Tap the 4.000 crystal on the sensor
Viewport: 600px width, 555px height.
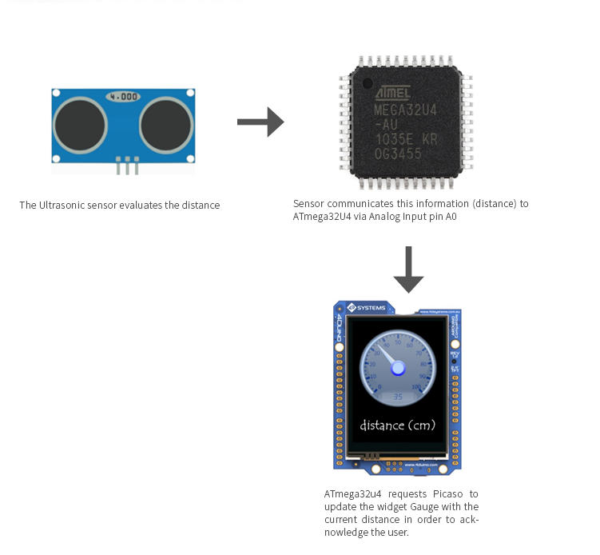point(124,96)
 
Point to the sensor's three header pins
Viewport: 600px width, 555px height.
point(127,166)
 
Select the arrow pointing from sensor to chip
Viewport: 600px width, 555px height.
point(260,122)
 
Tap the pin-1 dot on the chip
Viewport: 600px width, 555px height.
point(367,83)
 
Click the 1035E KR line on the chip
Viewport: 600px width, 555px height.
point(406,139)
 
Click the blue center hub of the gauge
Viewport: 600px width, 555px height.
point(398,368)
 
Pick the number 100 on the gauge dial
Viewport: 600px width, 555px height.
point(415,387)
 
